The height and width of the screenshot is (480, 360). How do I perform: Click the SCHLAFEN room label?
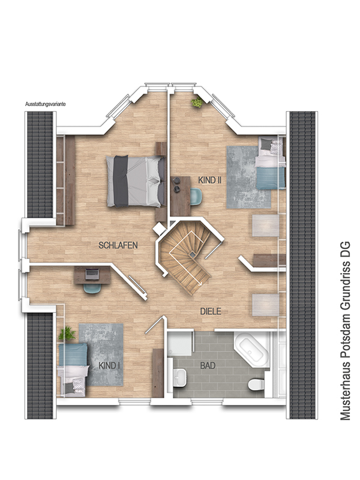click(x=118, y=245)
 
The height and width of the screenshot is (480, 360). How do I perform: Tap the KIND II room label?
click(x=209, y=181)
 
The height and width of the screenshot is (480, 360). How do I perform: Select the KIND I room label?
click(x=109, y=365)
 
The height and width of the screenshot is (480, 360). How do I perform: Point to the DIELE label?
click(x=211, y=311)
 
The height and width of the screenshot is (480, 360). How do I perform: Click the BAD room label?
click(x=208, y=365)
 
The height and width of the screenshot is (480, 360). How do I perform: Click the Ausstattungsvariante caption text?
click(x=46, y=104)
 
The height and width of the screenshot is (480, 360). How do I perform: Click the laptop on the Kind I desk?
click(x=92, y=274)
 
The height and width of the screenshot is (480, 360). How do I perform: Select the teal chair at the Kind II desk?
click(x=196, y=196)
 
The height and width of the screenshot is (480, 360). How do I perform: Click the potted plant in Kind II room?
click(x=197, y=103)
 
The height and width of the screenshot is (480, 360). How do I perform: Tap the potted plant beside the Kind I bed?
click(x=67, y=334)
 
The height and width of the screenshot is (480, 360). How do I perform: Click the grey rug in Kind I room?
click(x=101, y=355)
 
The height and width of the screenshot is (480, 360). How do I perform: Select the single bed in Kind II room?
click(x=270, y=163)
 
